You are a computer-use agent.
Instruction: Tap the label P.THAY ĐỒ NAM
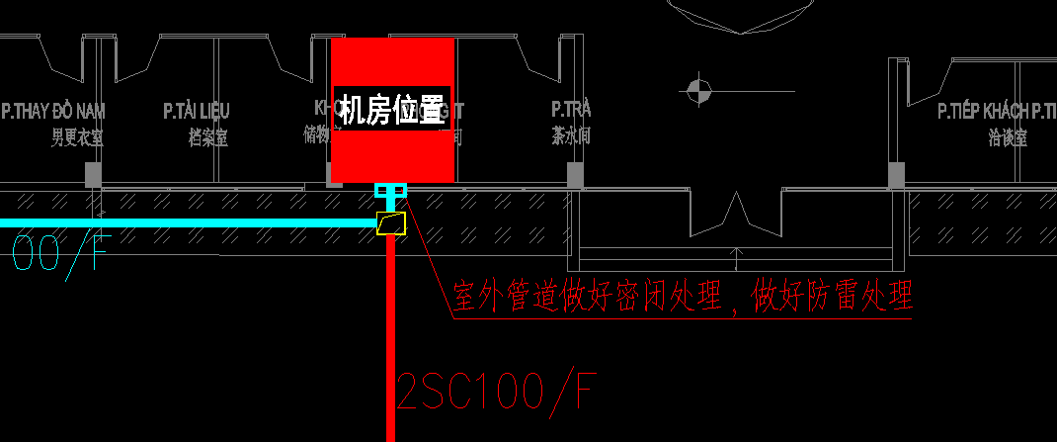click(x=53, y=110)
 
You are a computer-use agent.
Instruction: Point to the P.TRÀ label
click(x=571, y=109)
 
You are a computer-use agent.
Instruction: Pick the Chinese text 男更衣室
click(x=77, y=138)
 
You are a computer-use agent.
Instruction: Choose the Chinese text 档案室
click(x=207, y=138)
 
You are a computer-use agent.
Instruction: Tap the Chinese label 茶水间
click(x=571, y=136)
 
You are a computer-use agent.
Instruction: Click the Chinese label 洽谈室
click(x=1008, y=138)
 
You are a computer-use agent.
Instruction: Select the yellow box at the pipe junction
click(x=391, y=223)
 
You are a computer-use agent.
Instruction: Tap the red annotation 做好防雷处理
click(x=831, y=296)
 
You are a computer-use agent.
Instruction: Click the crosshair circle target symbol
click(x=698, y=92)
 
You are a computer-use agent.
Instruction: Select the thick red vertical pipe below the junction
click(x=391, y=336)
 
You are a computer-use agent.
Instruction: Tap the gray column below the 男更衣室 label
click(x=93, y=175)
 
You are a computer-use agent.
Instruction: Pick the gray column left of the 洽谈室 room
click(x=896, y=175)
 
